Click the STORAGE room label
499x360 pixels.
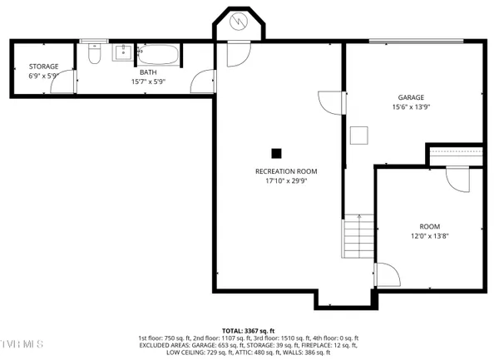(43, 67)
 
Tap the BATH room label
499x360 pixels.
(148, 72)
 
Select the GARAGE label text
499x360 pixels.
(411, 97)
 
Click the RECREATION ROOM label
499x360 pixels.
(285, 171)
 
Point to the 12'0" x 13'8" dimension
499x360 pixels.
(429, 236)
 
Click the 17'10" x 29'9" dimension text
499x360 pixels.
(285, 180)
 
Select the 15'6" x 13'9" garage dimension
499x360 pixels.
(411, 106)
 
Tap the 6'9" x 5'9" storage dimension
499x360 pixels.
(43, 76)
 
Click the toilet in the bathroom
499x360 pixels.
(94, 54)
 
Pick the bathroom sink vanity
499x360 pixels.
(121, 52)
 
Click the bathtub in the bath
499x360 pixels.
(157, 56)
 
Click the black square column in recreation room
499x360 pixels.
(277, 153)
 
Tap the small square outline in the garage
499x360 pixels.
(359, 135)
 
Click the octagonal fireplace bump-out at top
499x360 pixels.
(240, 23)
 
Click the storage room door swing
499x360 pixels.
(69, 81)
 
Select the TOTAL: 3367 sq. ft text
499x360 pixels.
(249, 330)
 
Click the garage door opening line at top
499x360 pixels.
(416, 40)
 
